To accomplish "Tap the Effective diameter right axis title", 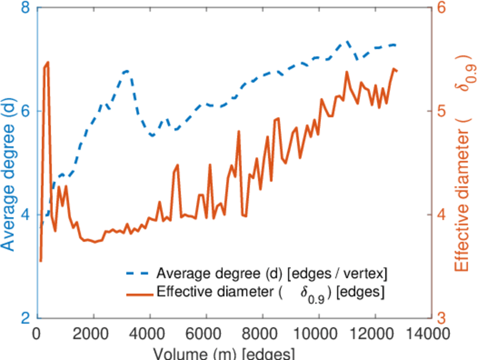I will (462, 163).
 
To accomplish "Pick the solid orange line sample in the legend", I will (139, 293).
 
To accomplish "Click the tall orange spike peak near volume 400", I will (47, 62).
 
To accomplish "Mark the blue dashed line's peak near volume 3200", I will (127, 71).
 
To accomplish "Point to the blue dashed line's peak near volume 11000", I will (346, 42).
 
